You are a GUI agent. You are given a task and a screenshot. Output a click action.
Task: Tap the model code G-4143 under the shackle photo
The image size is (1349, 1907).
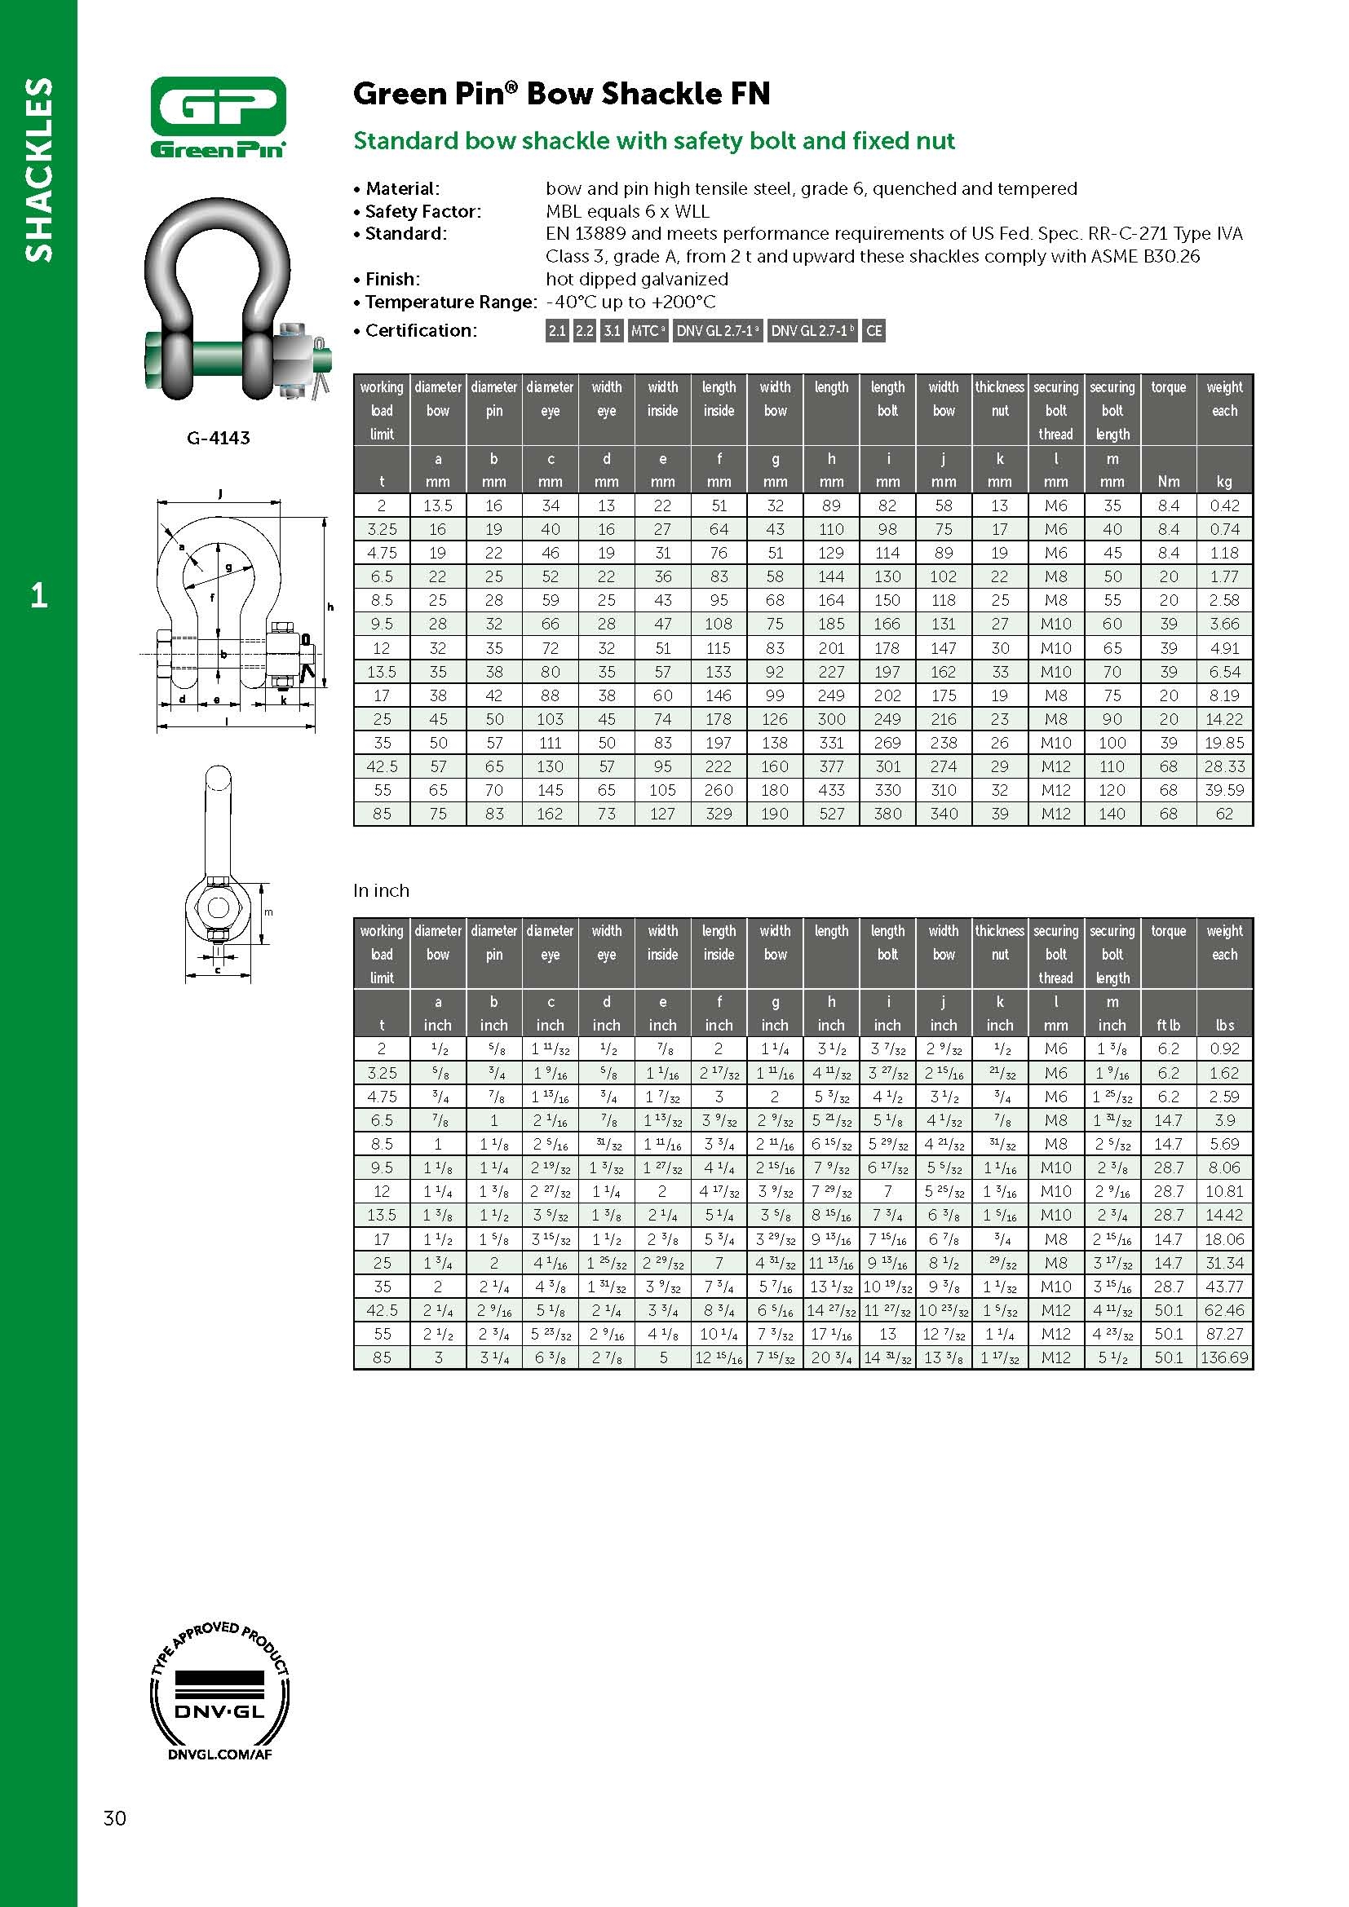218,438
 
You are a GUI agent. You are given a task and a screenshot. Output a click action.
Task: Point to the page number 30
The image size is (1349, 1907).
115,1817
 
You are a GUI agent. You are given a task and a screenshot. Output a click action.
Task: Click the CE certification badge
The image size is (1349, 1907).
873,330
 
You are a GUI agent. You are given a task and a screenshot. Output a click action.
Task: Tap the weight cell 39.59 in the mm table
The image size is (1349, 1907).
1223,790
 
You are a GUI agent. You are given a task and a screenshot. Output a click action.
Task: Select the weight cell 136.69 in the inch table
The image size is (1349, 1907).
1223,1357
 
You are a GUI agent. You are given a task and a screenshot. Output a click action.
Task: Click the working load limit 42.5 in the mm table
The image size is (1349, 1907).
381,766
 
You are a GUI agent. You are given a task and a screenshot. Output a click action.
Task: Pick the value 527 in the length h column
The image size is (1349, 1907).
830,814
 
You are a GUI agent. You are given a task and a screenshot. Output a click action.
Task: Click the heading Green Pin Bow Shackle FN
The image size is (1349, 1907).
561,94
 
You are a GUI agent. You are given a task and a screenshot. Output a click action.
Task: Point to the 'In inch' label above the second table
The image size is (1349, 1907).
381,890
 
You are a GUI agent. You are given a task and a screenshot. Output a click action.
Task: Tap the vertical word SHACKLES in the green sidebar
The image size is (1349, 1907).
39,170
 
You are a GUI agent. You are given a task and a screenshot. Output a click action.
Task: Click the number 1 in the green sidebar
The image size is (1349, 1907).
38,594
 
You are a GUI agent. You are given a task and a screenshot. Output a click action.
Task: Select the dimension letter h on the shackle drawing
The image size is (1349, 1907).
330,607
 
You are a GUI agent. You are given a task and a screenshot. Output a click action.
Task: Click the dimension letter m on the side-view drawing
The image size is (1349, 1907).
268,912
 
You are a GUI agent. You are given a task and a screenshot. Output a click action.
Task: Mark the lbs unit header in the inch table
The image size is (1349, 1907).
1223,1025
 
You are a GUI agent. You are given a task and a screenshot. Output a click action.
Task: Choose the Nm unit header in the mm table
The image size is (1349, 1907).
1168,482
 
